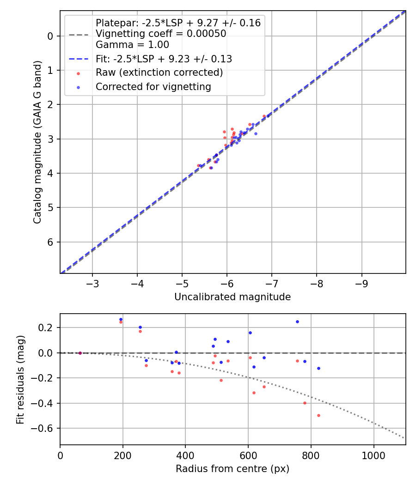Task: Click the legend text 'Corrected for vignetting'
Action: pos(153,87)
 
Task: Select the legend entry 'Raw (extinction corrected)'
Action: pos(159,73)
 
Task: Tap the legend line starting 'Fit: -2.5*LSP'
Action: pos(164,59)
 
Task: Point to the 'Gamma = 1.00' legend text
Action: pos(132,45)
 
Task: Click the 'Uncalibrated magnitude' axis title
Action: pos(232,297)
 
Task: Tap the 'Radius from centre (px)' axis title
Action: pos(232,469)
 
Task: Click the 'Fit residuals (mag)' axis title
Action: pos(20,379)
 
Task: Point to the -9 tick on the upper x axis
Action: pos(361,282)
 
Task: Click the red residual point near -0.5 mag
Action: pos(318,415)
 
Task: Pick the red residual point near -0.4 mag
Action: pos(305,403)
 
